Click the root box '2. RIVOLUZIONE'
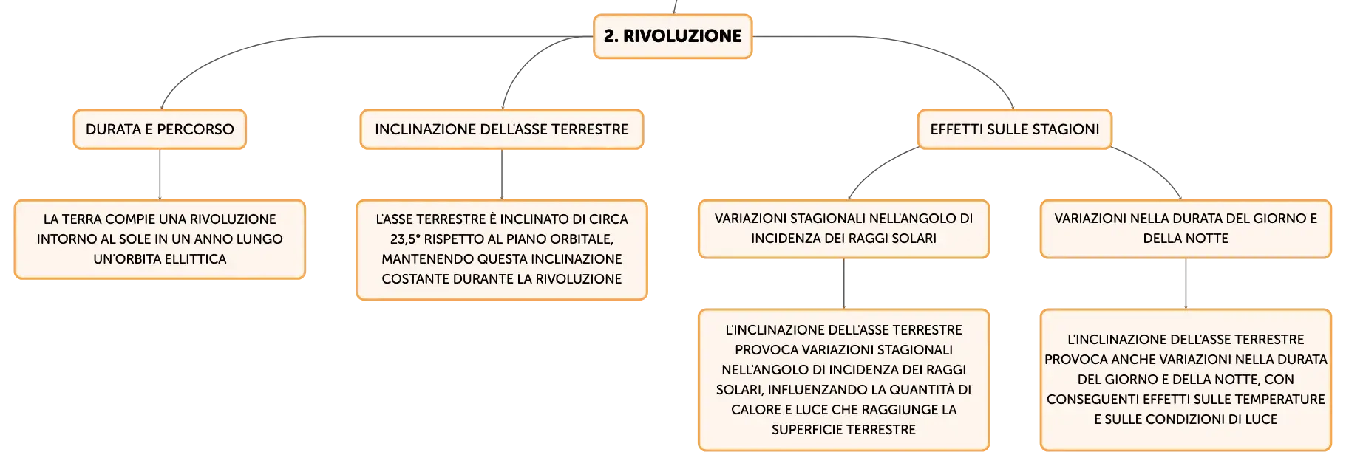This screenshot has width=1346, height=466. point(673,36)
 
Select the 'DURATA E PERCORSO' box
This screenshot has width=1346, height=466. point(160,129)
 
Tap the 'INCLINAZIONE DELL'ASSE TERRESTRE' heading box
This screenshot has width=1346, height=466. point(502,129)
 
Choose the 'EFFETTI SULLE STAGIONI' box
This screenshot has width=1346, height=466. point(1015,129)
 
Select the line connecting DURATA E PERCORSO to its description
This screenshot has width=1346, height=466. point(160,174)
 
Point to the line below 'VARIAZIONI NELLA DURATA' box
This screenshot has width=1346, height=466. point(1186,284)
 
